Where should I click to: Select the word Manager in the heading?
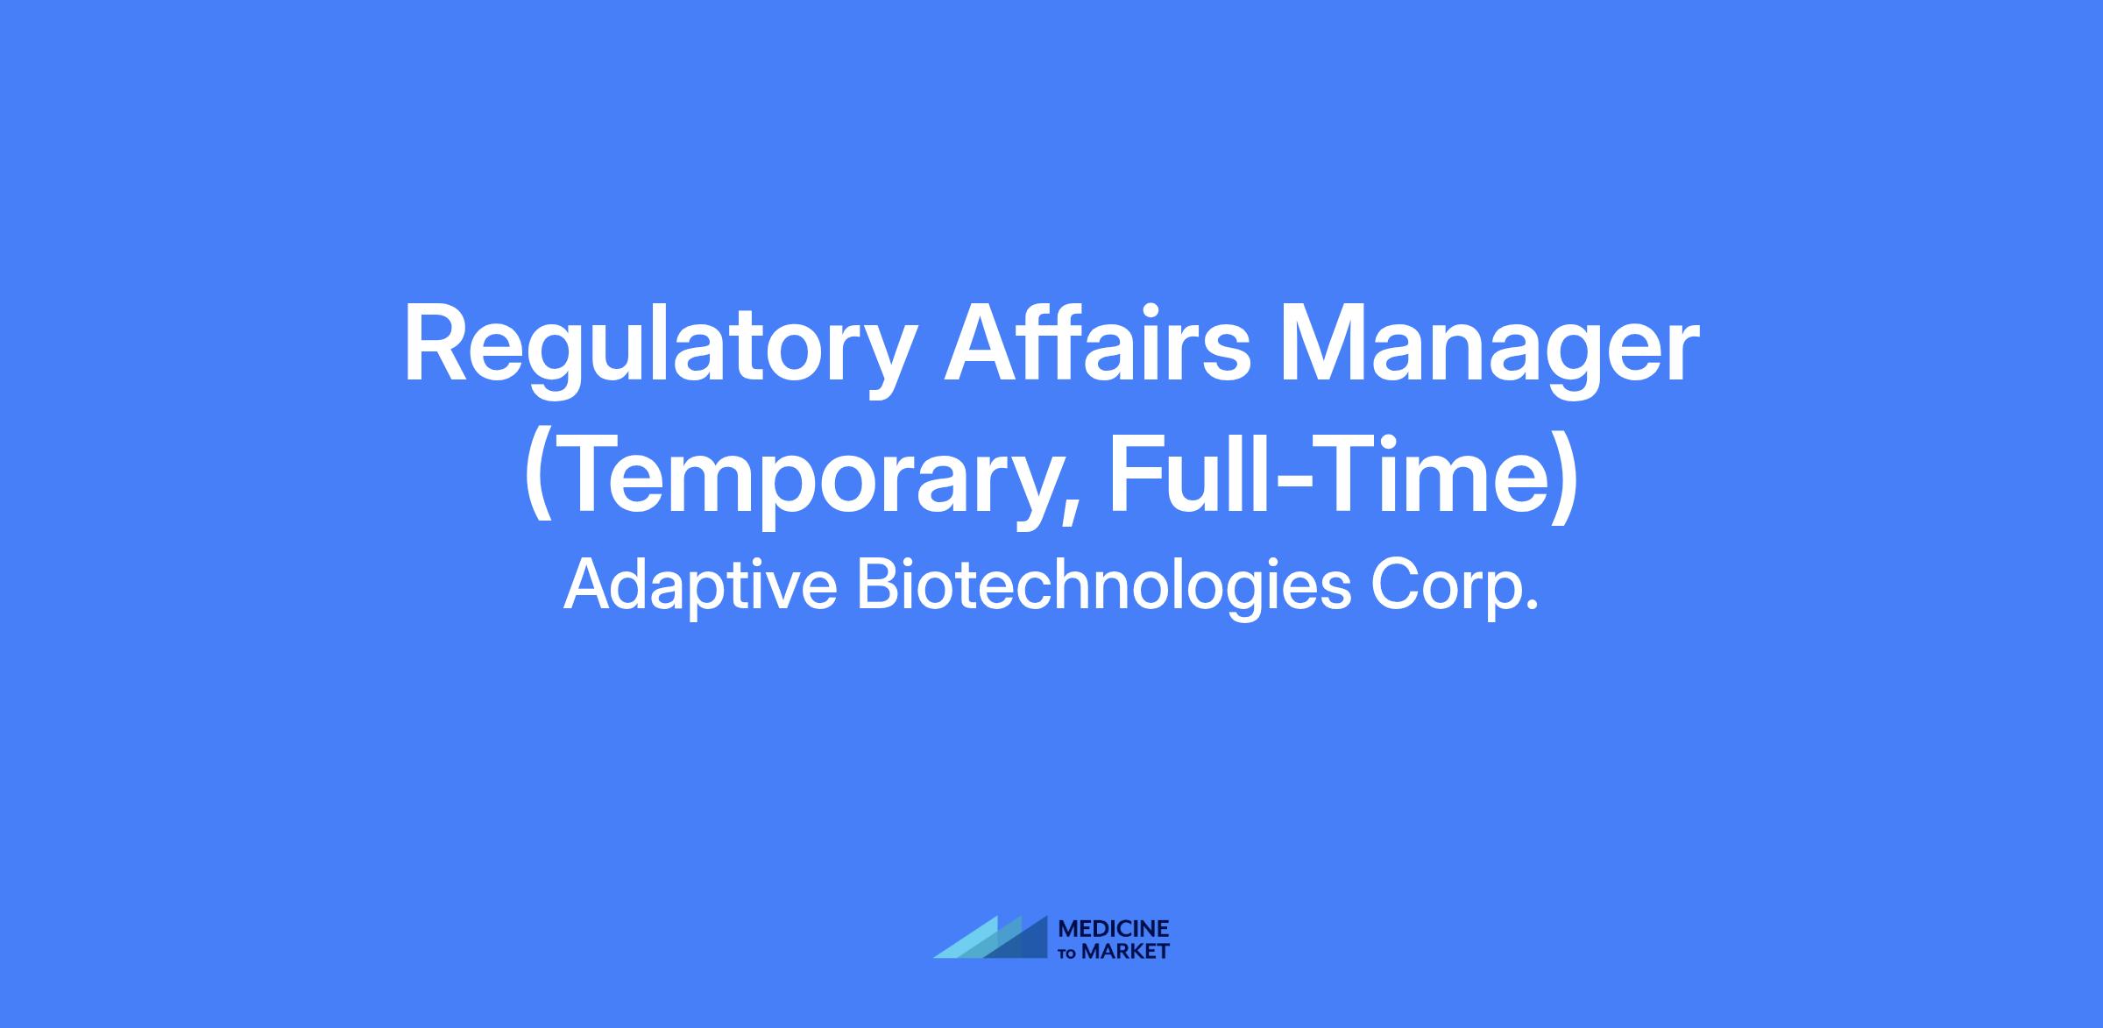(x=1489, y=351)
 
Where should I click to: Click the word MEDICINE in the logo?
(x=1114, y=930)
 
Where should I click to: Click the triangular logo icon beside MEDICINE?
(x=991, y=938)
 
